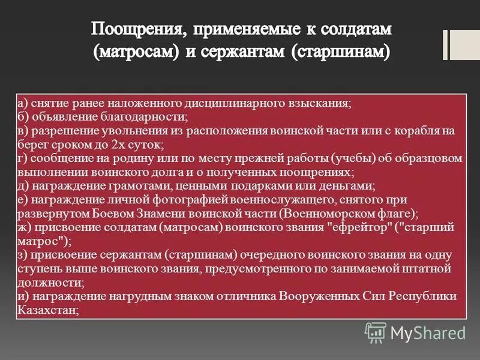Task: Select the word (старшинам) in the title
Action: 341,52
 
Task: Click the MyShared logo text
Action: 428,332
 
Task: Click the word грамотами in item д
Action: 127,186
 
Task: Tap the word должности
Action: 49,283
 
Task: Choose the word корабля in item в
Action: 429,131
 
